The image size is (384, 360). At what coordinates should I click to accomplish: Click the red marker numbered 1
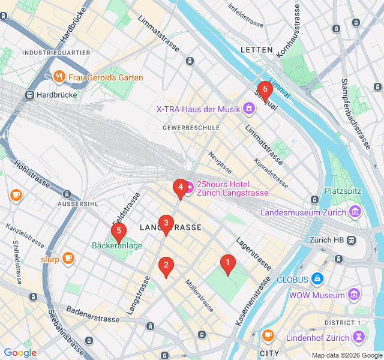click(x=227, y=263)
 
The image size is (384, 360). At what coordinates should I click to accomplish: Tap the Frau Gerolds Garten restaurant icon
click(x=59, y=77)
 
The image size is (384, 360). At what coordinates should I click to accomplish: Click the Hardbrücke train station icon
click(x=28, y=95)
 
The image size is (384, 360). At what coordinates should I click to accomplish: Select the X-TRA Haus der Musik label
click(x=197, y=109)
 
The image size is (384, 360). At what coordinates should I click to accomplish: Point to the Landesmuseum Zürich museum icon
click(x=355, y=212)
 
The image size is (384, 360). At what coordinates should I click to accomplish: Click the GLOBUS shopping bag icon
click(x=317, y=279)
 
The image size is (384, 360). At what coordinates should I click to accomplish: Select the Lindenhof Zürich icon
click(x=359, y=337)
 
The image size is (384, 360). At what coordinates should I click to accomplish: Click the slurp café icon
click(x=68, y=259)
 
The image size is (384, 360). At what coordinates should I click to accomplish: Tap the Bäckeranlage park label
click(x=117, y=245)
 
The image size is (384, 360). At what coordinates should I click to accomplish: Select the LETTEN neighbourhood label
click(x=256, y=50)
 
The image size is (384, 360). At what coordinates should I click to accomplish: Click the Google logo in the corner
click(x=20, y=353)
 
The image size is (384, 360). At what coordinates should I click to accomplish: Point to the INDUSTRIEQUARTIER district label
click(x=56, y=53)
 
